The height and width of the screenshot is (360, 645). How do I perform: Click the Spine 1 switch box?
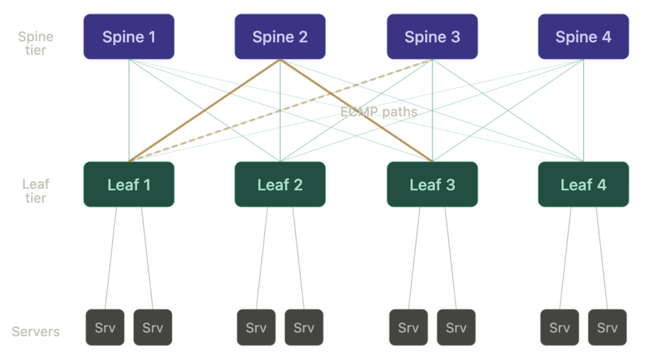[129, 37]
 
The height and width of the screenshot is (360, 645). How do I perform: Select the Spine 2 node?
[280, 37]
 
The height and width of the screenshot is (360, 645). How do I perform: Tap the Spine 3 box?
[432, 37]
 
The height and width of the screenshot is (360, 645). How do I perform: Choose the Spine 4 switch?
[583, 37]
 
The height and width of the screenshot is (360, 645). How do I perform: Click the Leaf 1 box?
[129, 185]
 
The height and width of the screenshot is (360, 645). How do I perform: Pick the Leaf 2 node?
[280, 185]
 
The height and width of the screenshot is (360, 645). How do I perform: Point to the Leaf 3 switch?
[432, 185]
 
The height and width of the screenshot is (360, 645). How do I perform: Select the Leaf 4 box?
[583, 185]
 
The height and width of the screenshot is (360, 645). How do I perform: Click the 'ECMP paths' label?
[378, 111]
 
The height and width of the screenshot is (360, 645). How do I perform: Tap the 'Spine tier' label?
[35, 43]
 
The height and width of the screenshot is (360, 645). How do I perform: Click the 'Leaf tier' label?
[35, 191]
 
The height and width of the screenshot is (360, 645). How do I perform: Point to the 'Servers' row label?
[35, 331]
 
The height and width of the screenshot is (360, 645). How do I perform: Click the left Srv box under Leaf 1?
[105, 327]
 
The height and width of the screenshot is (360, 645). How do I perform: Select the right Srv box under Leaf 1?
[153, 327]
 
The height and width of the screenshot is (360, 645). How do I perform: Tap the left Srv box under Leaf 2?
[256, 327]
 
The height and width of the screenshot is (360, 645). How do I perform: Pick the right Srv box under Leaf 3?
[456, 327]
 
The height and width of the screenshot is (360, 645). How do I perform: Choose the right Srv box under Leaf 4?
[607, 327]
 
